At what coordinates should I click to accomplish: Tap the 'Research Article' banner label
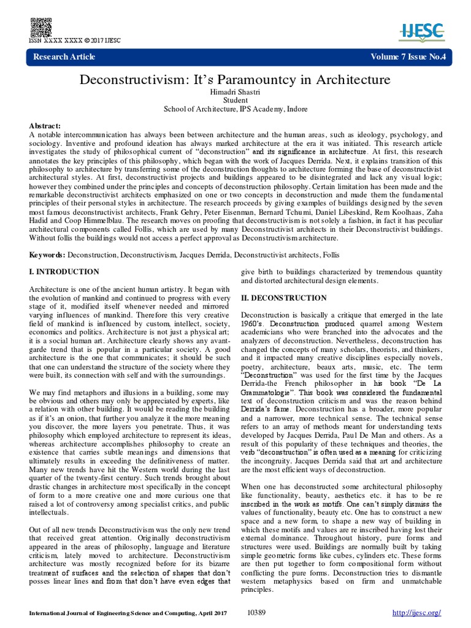pos(64,57)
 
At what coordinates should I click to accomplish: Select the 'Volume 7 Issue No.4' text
pos(408,57)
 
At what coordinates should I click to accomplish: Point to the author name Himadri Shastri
pos(235,91)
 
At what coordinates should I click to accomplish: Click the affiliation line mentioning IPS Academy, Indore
pos(235,109)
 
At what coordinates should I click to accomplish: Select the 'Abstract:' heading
pos(45,125)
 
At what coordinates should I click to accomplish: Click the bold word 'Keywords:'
pos(47,254)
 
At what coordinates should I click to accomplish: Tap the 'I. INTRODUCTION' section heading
pos(64,272)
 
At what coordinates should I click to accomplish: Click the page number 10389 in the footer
pos(256,613)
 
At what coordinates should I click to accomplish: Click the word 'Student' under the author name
pos(235,100)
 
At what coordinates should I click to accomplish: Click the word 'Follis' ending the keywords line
pos(327,254)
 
